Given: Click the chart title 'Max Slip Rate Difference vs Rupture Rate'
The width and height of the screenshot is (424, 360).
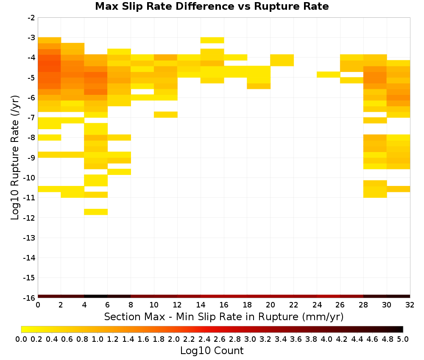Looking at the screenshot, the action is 212,6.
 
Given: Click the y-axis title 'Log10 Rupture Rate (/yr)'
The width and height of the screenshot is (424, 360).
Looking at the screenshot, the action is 15,158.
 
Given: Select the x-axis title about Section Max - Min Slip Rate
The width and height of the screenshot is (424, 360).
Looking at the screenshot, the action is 223,316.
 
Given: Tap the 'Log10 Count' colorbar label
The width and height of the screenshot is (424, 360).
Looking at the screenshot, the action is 212,350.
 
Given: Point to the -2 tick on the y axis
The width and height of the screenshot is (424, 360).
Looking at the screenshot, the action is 31,18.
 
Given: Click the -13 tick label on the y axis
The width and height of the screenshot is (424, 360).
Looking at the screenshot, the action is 30,238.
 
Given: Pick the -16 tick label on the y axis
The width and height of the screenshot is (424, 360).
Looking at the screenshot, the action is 30,298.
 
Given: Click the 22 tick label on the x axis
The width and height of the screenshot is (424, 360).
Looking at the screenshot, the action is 293,305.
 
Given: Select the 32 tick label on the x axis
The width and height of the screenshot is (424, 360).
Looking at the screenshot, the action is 410,305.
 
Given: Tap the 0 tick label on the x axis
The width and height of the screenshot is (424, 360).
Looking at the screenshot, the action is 38,305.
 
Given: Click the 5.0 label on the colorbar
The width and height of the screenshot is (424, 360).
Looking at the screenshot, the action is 403,339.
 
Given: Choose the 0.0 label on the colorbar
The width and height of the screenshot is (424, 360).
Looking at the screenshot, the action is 21,339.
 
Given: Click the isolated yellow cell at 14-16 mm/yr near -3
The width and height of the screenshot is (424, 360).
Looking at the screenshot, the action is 212,40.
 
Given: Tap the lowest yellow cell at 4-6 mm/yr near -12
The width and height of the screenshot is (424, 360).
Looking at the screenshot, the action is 96,212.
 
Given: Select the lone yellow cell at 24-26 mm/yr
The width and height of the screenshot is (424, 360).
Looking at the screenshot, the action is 329,75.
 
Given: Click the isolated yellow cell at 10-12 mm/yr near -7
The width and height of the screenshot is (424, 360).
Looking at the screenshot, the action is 166,114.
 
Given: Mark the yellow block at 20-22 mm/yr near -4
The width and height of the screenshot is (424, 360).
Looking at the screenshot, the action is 282,60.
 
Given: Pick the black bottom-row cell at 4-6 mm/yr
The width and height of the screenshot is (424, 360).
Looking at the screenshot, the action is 96,296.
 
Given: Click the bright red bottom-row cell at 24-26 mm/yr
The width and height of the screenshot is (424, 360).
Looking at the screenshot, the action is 329,296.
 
